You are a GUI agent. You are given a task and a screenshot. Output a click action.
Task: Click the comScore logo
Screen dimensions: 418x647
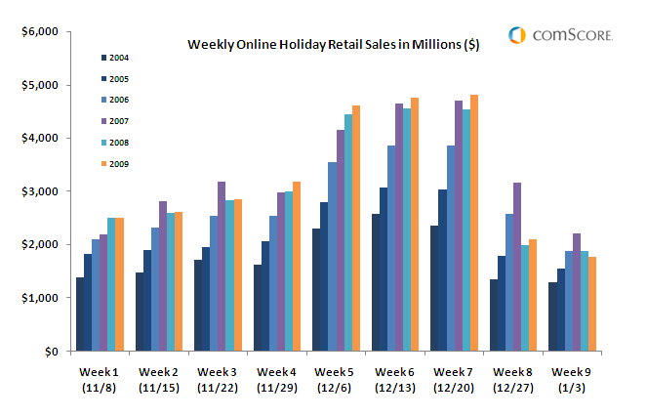560,35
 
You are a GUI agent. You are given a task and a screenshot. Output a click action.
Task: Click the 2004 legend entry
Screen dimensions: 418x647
116,58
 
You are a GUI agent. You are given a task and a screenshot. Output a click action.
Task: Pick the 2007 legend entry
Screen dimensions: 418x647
116,121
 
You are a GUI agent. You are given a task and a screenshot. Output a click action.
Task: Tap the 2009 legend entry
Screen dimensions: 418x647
116,164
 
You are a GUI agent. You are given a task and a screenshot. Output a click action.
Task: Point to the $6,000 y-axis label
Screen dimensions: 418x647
40,32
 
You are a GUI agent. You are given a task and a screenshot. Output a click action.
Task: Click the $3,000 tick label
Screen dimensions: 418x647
40,191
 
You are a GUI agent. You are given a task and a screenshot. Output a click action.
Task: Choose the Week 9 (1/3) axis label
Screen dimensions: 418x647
571,379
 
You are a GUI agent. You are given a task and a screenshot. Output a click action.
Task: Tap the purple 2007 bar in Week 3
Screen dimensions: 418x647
222,267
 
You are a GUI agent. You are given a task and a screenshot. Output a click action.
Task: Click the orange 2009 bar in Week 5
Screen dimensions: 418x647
357,229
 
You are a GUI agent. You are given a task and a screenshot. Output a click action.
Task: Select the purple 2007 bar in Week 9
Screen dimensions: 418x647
576,292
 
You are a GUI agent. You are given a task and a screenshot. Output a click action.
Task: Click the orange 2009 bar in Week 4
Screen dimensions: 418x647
297,267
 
